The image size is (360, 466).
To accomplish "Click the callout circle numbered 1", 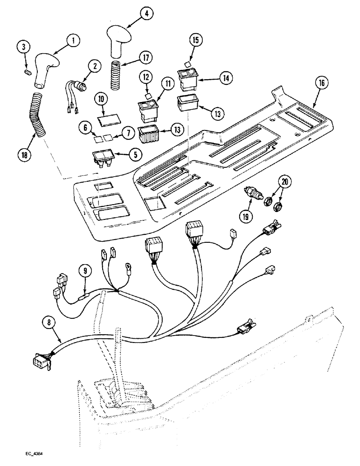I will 72,41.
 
